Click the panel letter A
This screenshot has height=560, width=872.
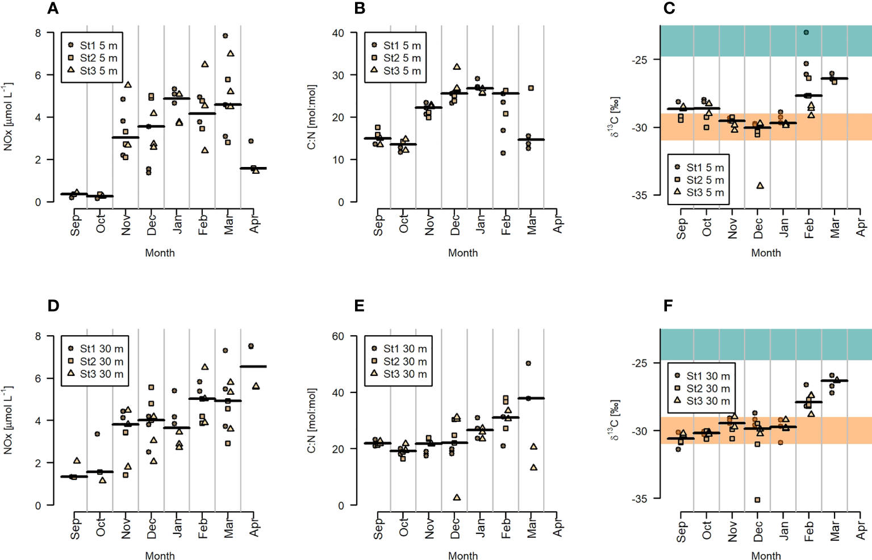(x=53, y=9)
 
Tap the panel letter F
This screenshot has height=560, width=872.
(x=668, y=306)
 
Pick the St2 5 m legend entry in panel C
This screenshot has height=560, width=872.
(x=699, y=180)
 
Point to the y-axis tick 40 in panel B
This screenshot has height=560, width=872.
(x=338, y=33)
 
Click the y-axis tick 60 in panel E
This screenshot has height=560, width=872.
(x=338, y=336)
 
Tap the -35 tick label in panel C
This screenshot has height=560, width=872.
(x=639, y=195)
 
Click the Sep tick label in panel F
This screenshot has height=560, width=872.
(x=682, y=532)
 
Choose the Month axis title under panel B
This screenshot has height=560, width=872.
(x=462, y=253)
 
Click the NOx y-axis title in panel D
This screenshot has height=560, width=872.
(x=8, y=420)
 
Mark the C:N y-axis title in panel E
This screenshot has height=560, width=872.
(x=311, y=420)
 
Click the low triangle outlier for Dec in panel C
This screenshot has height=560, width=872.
(x=760, y=186)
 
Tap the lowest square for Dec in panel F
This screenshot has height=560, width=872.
(x=757, y=500)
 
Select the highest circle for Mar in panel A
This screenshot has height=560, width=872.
(x=225, y=36)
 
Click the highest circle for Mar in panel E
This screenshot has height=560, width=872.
(x=528, y=363)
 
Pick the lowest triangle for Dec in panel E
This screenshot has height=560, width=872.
(x=457, y=498)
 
